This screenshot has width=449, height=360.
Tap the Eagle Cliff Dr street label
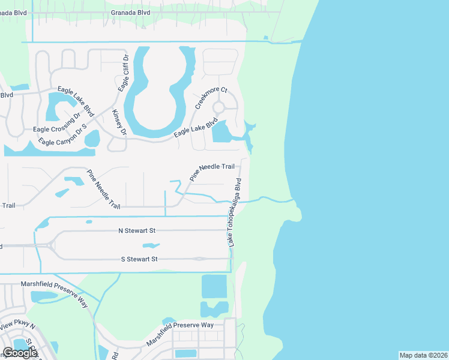pyautogui.click(x=124, y=73)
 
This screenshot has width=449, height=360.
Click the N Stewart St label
pyautogui.click(x=137, y=230)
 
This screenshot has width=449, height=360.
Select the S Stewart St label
pyautogui.click(x=137, y=259)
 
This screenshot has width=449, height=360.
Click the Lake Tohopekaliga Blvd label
pyautogui.click(x=234, y=212)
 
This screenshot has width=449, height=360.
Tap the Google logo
pyautogui.click(x=20, y=353)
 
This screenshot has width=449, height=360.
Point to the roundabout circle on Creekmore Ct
pyautogui.click(x=218, y=107)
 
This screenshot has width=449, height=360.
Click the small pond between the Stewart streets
pyautogui.click(x=151, y=245)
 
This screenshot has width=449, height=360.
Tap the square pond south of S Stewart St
pyautogui.click(x=214, y=286)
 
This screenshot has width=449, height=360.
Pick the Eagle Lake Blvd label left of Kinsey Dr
pyautogui.click(x=76, y=101)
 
